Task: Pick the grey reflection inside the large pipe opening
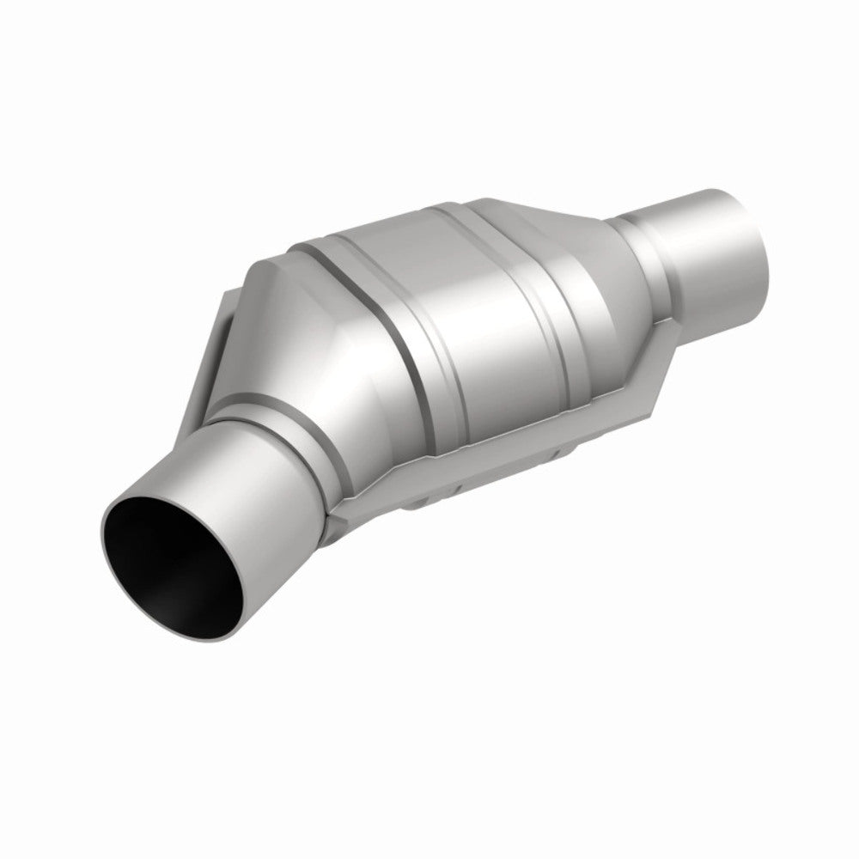206,593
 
